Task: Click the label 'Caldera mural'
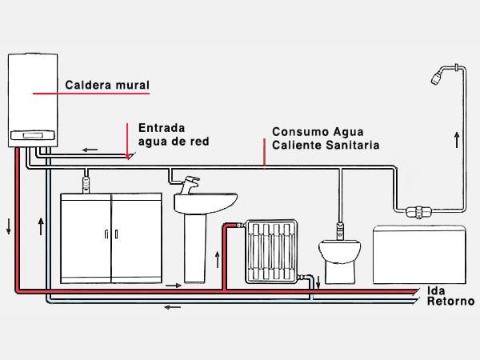(107, 84)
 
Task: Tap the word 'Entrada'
(162, 127)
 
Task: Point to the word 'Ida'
(437, 290)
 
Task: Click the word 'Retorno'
(450, 302)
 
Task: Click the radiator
(272, 251)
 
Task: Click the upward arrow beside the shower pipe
(458, 141)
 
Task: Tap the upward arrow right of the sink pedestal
(217, 258)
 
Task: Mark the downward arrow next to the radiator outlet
(318, 281)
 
